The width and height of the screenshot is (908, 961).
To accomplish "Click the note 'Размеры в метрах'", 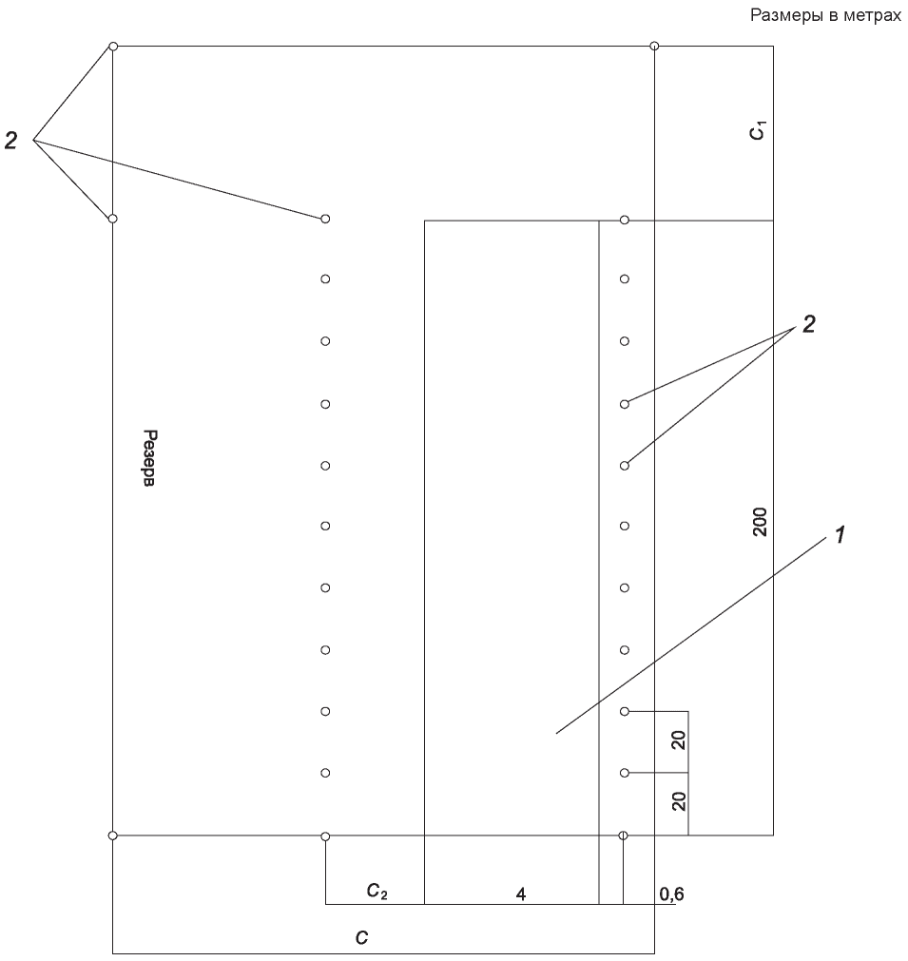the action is click(x=825, y=15).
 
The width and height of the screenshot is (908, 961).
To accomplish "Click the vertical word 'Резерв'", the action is click(x=149, y=458).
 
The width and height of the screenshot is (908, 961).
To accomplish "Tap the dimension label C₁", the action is click(x=759, y=131).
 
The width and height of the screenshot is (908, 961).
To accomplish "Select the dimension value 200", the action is click(x=760, y=522).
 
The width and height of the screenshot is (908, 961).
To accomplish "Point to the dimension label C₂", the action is click(x=377, y=891).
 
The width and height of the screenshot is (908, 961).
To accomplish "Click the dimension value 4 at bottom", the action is click(x=520, y=894).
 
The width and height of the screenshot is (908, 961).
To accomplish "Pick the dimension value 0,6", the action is click(x=671, y=894).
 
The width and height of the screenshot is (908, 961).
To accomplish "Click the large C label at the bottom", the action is click(x=361, y=937).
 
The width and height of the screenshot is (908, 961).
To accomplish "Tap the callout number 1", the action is click(x=840, y=535).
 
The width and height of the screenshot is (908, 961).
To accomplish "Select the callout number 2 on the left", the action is click(x=10, y=141).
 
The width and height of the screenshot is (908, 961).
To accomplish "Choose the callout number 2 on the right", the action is click(x=809, y=325).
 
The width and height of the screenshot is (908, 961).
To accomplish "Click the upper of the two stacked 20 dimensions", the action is click(x=678, y=740).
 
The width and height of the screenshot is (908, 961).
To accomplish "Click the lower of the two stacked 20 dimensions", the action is click(x=678, y=801).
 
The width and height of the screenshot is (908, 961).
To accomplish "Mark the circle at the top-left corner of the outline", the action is click(x=113, y=46).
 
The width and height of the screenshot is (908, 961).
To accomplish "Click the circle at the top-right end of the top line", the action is click(x=654, y=46).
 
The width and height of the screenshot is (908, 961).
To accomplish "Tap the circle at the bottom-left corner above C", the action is click(x=113, y=836).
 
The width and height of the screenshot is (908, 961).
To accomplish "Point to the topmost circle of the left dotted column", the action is click(x=325, y=219).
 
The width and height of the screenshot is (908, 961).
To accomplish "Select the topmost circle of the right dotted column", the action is click(x=624, y=220).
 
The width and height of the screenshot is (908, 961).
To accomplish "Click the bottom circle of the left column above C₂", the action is click(x=325, y=836).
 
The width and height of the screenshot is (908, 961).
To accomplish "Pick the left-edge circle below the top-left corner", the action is click(x=113, y=219).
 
